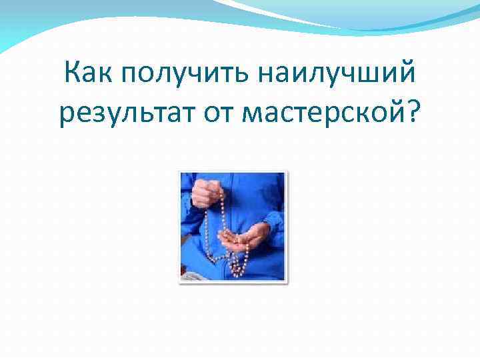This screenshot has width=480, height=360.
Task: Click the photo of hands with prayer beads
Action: point(233,227)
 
